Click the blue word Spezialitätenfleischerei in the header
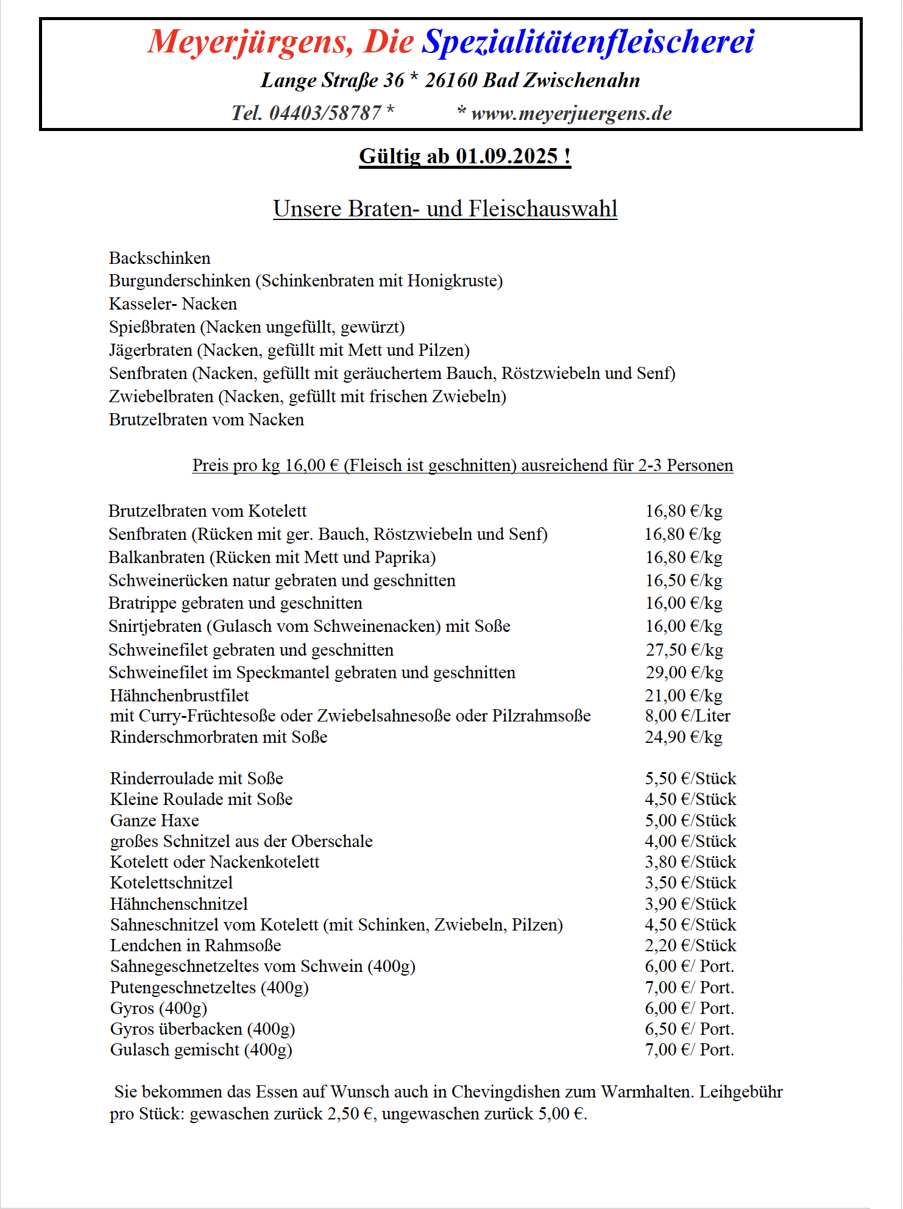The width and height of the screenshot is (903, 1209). coord(588,42)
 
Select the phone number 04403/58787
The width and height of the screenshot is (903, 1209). coord(325,113)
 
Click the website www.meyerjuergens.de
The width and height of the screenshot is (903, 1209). coord(571,113)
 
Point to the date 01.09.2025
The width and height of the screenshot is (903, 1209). coord(506,156)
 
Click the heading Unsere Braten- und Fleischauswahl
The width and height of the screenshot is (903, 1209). coord(445,208)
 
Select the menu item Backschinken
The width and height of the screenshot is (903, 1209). coord(160,258)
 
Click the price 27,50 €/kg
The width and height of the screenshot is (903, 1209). coord(684,650)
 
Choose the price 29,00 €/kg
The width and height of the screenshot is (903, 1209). coord(684,672)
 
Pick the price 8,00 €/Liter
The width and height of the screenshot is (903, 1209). coord(687,715)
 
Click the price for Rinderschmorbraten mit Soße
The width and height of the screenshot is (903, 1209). coord(684,737)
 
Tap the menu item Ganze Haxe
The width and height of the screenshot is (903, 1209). coord(155,820)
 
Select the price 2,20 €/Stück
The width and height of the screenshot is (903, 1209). coord(690,945)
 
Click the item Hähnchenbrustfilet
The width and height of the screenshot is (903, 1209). coord(180,695)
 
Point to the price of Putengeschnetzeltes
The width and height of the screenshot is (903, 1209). coord(689,987)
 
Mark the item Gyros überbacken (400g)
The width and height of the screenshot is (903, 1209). coord(202,1029)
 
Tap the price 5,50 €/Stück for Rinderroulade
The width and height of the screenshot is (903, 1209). coord(690,778)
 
